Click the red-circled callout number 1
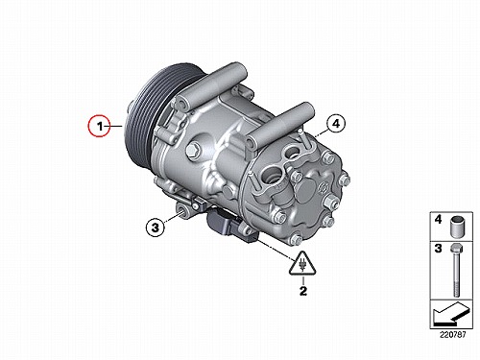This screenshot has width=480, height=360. coord(100,126)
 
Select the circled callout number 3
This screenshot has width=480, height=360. coord(156,228)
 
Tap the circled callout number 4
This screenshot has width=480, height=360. coord(336,124)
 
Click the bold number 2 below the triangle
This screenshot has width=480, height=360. coord(302,291)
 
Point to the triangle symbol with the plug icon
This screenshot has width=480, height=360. coord(302,264)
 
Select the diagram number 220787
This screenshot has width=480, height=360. coord(452,335)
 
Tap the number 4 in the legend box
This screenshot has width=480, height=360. coord(438,220)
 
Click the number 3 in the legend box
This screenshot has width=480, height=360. coord(438,249)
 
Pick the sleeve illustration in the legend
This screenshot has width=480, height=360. coord(458,227)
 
